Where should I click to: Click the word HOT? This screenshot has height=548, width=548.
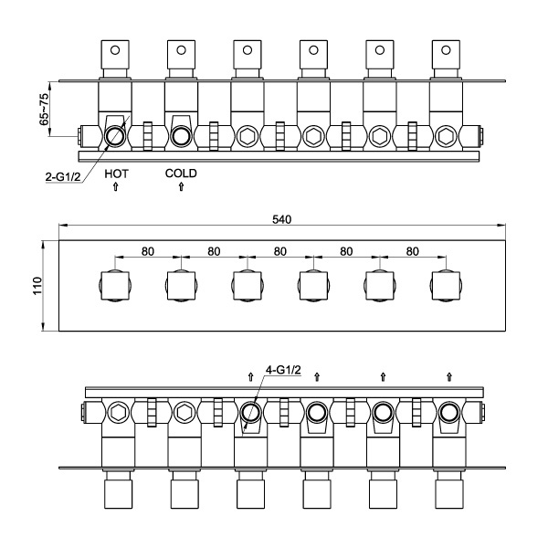click(x=116, y=173)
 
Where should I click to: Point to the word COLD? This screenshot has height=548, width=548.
click(x=181, y=173)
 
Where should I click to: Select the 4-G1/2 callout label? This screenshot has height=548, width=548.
click(x=282, y=370)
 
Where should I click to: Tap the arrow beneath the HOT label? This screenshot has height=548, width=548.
click(x=116, y=187)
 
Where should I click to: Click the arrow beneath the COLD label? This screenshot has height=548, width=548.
click(x=181, y=187)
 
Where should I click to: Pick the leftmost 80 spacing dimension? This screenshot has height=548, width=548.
click(x=148, y=251)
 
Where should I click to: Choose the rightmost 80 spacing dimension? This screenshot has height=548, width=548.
click(x=411, y=251)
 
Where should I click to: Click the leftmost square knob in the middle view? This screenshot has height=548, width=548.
click(x=115, y=286)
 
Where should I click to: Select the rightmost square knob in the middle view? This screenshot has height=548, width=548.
click(x=445, y=286)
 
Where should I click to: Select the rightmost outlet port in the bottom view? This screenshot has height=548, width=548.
click(x=448, y=413)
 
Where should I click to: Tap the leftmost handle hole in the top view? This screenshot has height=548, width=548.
click(x=116, y=49)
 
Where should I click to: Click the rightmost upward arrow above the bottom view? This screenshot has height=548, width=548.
click(x=448, y=375)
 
